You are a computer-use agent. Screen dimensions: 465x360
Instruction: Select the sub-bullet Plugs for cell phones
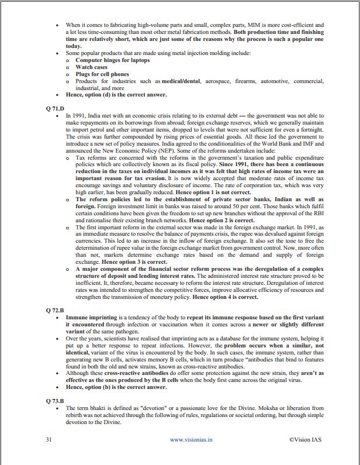pyautogui.click(x=102, y=74)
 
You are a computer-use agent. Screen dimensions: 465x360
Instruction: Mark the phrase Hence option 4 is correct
pyautogui.click(x=225, y=297)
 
